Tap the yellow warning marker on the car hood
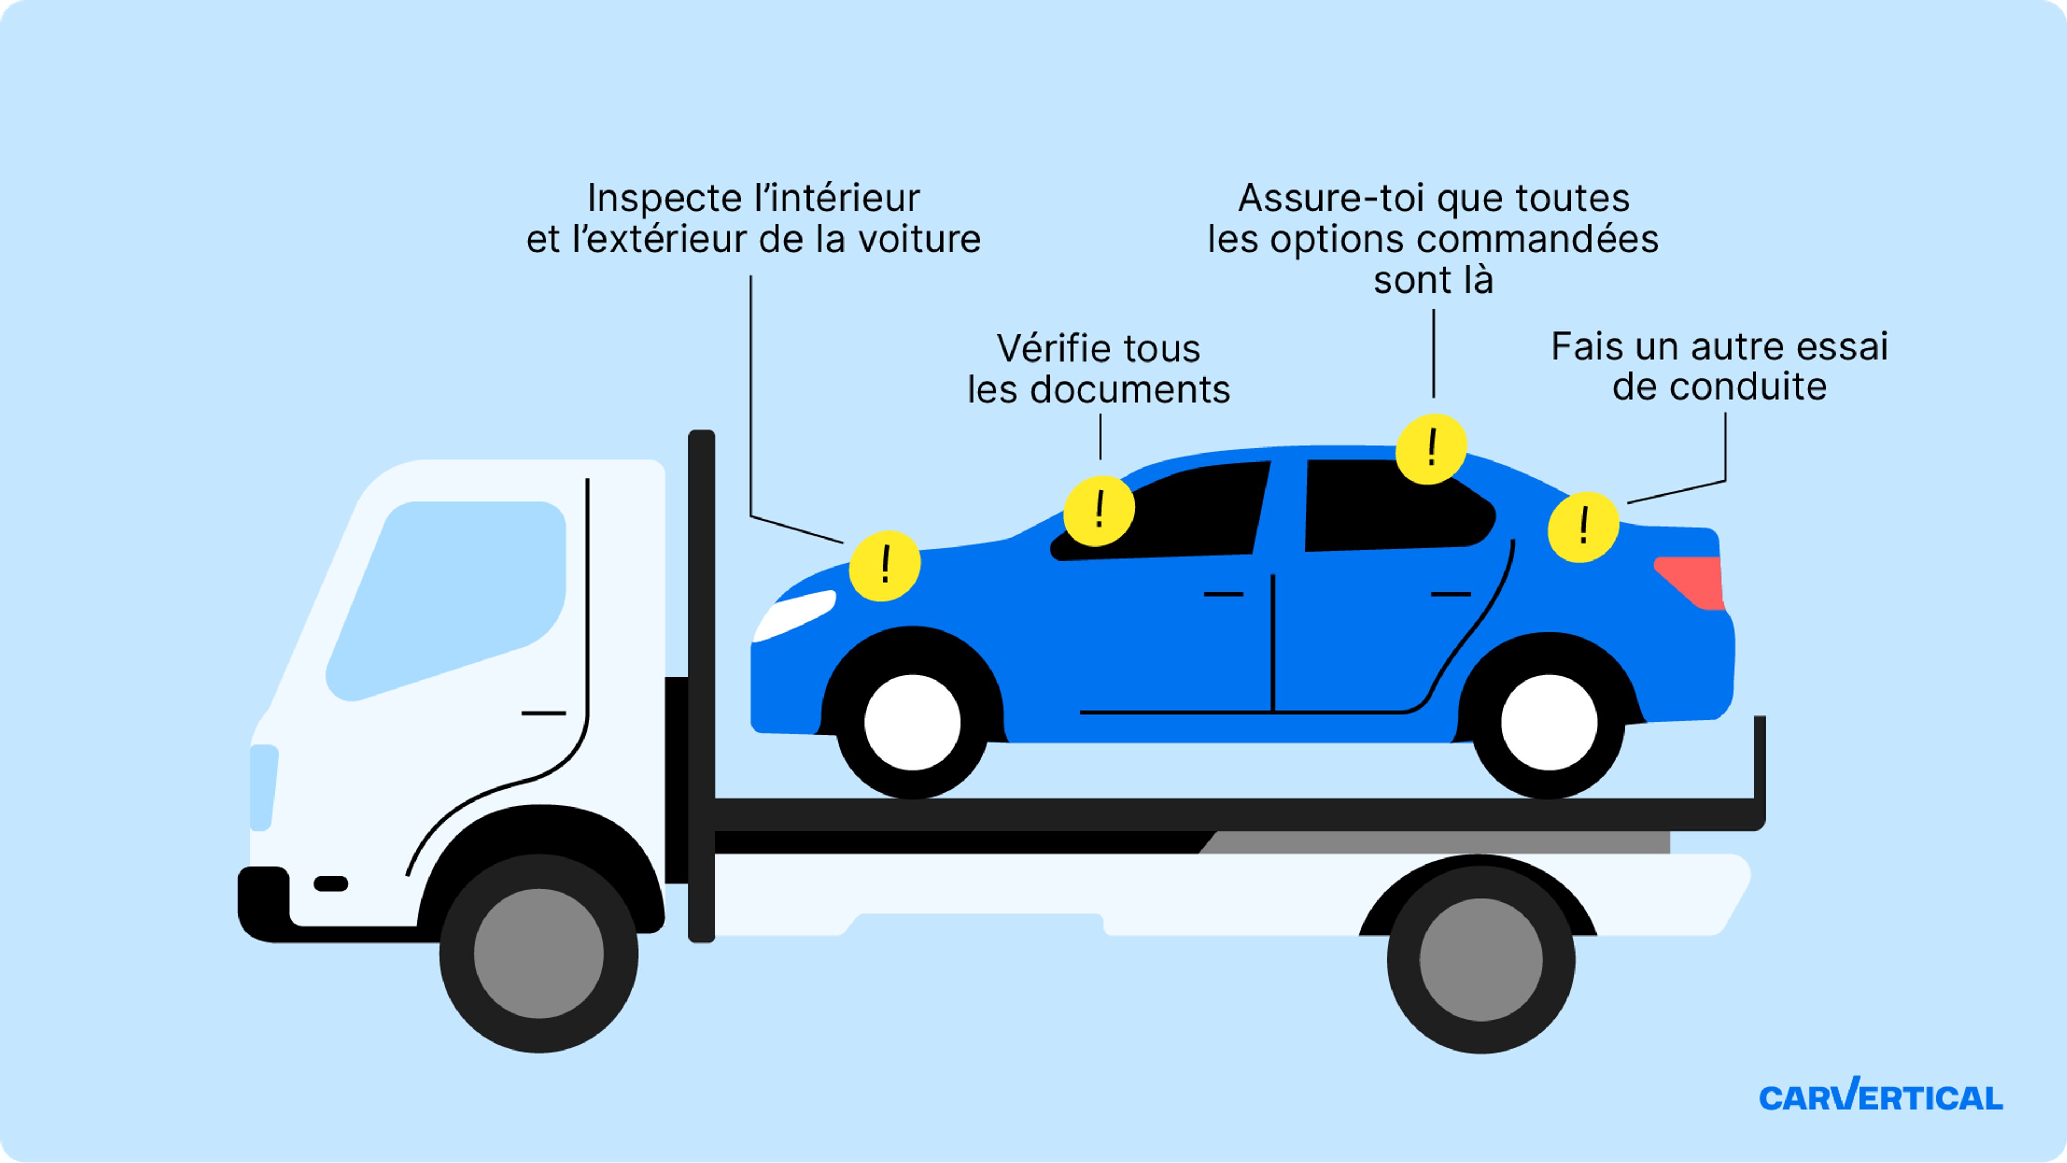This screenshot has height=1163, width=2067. [884, 565]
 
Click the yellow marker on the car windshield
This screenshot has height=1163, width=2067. [1099, 510]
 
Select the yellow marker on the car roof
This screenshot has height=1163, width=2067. [1431, 448]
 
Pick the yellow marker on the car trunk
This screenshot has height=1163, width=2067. [1583, 527]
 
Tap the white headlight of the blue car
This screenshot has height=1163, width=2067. [795, 616]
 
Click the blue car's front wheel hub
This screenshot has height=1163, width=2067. [912, 722]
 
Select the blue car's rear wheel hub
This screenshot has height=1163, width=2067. [1549, 722]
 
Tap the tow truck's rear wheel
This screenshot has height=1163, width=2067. [1480, 959]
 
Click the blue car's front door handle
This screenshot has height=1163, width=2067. [1223, 594]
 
